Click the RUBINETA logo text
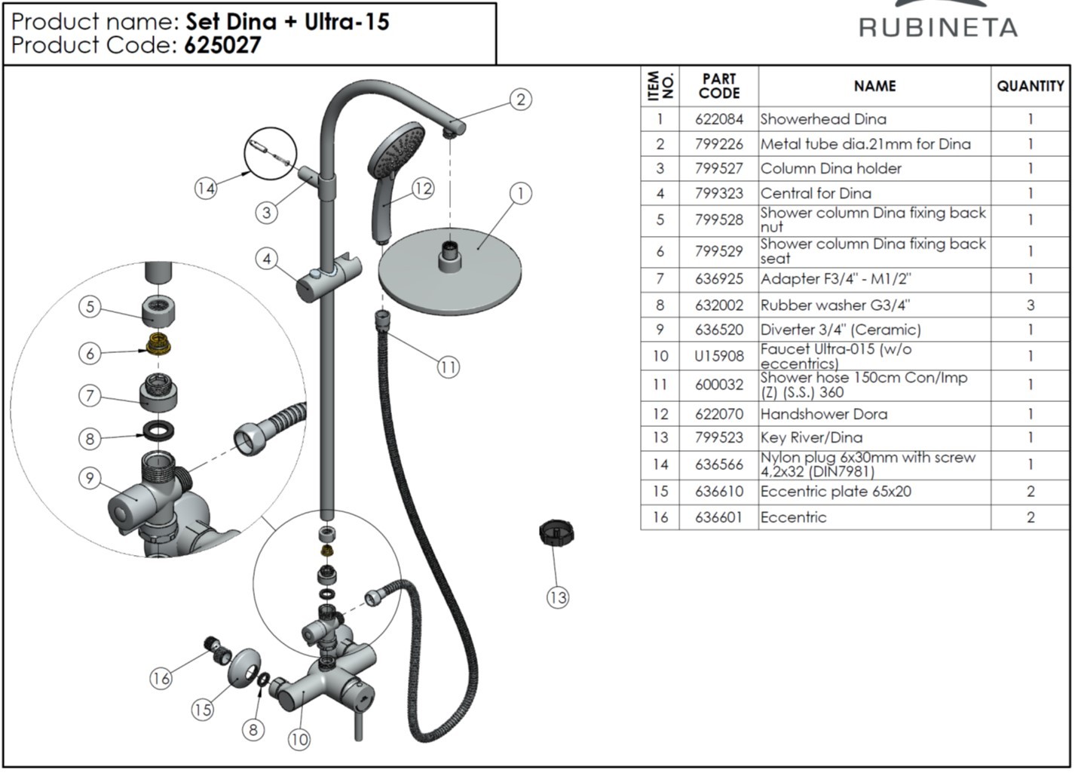click(x=938, y=27)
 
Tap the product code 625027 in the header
click(x=222, y=46)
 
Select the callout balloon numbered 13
click(x=557, y=598)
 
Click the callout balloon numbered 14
click(x=206, y=188)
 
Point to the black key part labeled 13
click(x=557, y=533)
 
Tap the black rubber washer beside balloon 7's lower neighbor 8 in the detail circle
click(x=159, y=431)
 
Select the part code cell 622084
click(x=718, y=119)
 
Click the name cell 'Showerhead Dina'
click(x=823, y=119)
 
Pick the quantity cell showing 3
click(x=1030, y=305)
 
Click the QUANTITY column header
click(x=1030, y=86)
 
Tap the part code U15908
click(x=718, y=356)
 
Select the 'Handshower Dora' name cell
click(x=823, y=414)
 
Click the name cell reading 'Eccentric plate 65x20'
click(x=835, y=492)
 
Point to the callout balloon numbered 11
click(x=449, y=367)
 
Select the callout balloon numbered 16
click(x=161, y=679)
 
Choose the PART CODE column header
click(x=718, y=86)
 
